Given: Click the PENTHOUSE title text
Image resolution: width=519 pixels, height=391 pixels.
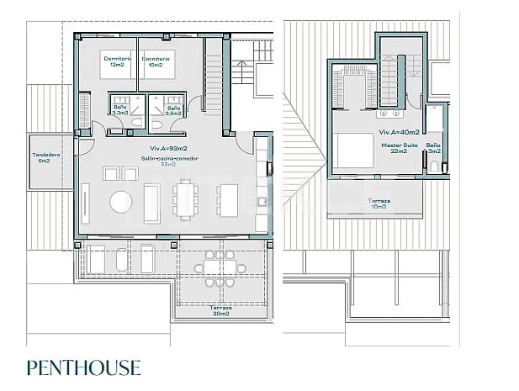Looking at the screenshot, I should (83, 367).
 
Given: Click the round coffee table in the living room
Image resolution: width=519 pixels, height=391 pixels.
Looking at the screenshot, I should (123, 202).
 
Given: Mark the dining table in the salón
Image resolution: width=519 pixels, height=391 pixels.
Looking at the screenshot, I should (186, 202).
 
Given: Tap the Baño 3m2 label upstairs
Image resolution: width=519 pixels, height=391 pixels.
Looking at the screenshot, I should (433, 149).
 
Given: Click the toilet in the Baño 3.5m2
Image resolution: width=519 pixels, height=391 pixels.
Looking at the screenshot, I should (160, 124).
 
